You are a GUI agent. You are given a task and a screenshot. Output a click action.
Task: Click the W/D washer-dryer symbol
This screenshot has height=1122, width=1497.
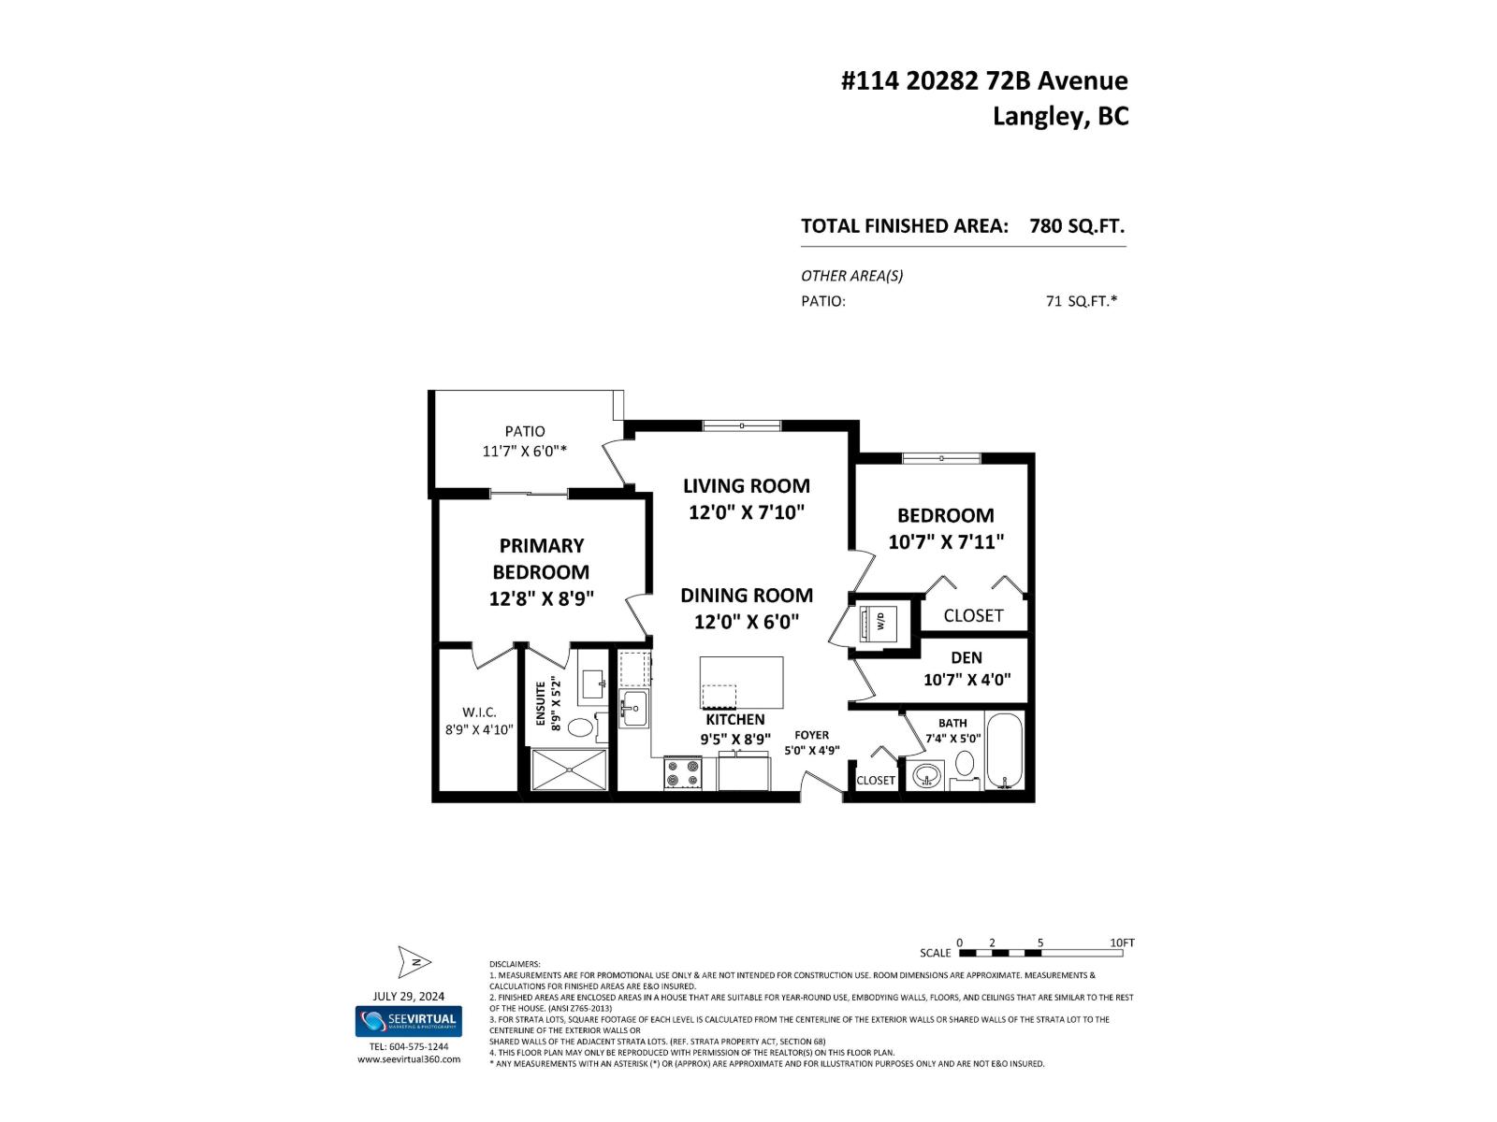click(x=879, y=621)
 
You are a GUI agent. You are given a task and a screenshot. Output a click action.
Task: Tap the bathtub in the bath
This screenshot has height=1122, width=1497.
click(x=1006, y=752)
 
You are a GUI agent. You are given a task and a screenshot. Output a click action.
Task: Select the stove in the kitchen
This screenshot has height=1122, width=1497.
click(x=683, y=774)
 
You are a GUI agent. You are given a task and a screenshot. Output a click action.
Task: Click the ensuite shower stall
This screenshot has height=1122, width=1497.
click(x=569, y=770)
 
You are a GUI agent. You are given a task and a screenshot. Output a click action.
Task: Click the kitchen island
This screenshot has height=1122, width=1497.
click(x=741, y=683)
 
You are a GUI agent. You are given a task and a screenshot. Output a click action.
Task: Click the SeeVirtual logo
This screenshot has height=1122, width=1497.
click(x=408, y=1021)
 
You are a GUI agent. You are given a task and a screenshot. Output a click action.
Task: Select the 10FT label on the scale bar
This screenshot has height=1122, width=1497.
click(x=1121, y=942)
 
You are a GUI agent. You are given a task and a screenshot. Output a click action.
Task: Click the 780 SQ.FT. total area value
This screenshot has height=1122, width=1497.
click(x=1076, y=225)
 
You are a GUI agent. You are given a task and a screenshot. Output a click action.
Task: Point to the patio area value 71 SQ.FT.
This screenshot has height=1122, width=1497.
click(x=1081, y=301)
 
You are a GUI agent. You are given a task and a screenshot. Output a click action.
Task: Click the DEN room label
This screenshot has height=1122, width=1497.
click(x=966, y=657)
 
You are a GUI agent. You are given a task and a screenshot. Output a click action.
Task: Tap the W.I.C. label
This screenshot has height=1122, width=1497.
click(x=478, y=712)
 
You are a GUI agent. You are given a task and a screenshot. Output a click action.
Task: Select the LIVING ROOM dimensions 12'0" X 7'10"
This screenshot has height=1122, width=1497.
click(x=747, y=512)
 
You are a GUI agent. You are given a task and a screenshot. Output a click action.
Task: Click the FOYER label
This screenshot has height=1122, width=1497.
click(x=811, y=735)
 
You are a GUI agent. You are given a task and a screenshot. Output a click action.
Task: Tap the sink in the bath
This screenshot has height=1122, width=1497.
click(x=926, y=776)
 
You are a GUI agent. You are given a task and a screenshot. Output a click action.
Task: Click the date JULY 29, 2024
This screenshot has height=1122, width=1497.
click(x=408, y=996)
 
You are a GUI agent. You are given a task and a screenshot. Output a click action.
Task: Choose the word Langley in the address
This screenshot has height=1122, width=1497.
click(x=1035, y=116)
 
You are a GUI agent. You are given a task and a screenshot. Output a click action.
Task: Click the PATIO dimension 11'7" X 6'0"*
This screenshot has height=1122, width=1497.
click(x=524, y=451)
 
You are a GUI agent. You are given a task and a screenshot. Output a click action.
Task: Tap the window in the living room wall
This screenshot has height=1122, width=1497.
click(x=741, y=425)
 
